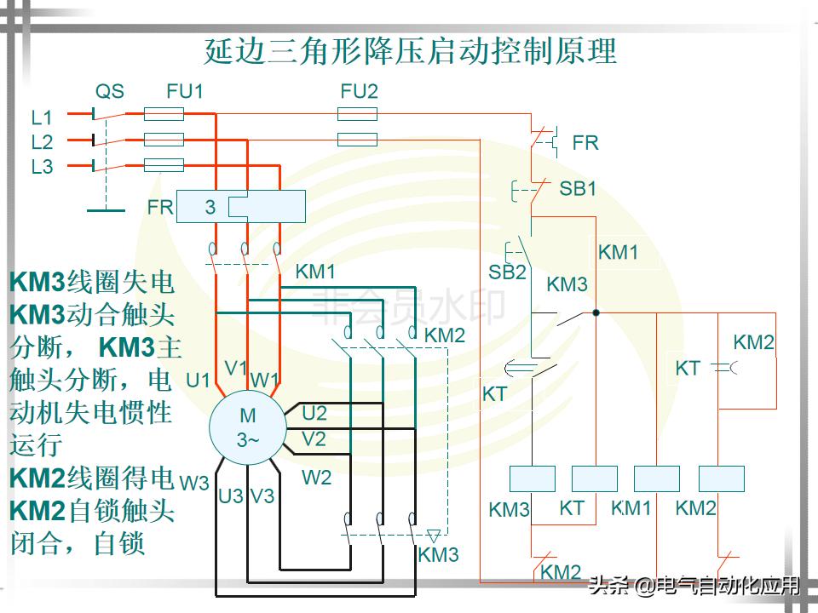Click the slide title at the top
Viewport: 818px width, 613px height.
pyautogui.click(x=410, y=52)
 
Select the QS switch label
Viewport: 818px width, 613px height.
pyautogui.click(x=109, y=91)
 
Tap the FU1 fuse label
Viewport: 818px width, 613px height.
pyautogui.click(x=185, y=91)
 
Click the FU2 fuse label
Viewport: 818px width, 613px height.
pyautogui.click(x=359, y=91)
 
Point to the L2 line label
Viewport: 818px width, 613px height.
pyautogui.click(x=42, y=142)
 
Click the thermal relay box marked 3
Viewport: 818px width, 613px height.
pyautogui.click(x=241, y=207)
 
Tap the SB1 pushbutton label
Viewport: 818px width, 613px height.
pyautogui.click(x=578, y=189)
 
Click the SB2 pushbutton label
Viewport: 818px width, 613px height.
pyautogui.click(x=507, y=272)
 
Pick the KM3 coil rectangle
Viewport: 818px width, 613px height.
pyautogui.click(x=532, y=478)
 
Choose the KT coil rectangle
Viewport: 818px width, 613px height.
pyautogui.click(x=594, y=478)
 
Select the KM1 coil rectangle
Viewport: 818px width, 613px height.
pyautogui.click(x=657, y=478)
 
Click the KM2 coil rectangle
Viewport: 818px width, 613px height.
pyautogui.click(x=721, y=478)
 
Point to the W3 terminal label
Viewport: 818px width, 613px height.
pyautogui.click(x=194, y=483)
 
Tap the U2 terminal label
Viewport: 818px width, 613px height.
pyautogui.click(x=314, y=414)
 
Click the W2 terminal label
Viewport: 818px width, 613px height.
pyautogui.click(x=316, y=478)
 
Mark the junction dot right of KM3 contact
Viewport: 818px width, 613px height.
pyautogui.click(x=596, y=313)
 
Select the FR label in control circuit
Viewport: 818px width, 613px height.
pyautogui.click(x=585, y=143)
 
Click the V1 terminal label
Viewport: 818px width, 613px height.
pyautogui.click(x=236, y=368)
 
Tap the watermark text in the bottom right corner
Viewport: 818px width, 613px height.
pyautogui.click(x=694, y=586)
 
